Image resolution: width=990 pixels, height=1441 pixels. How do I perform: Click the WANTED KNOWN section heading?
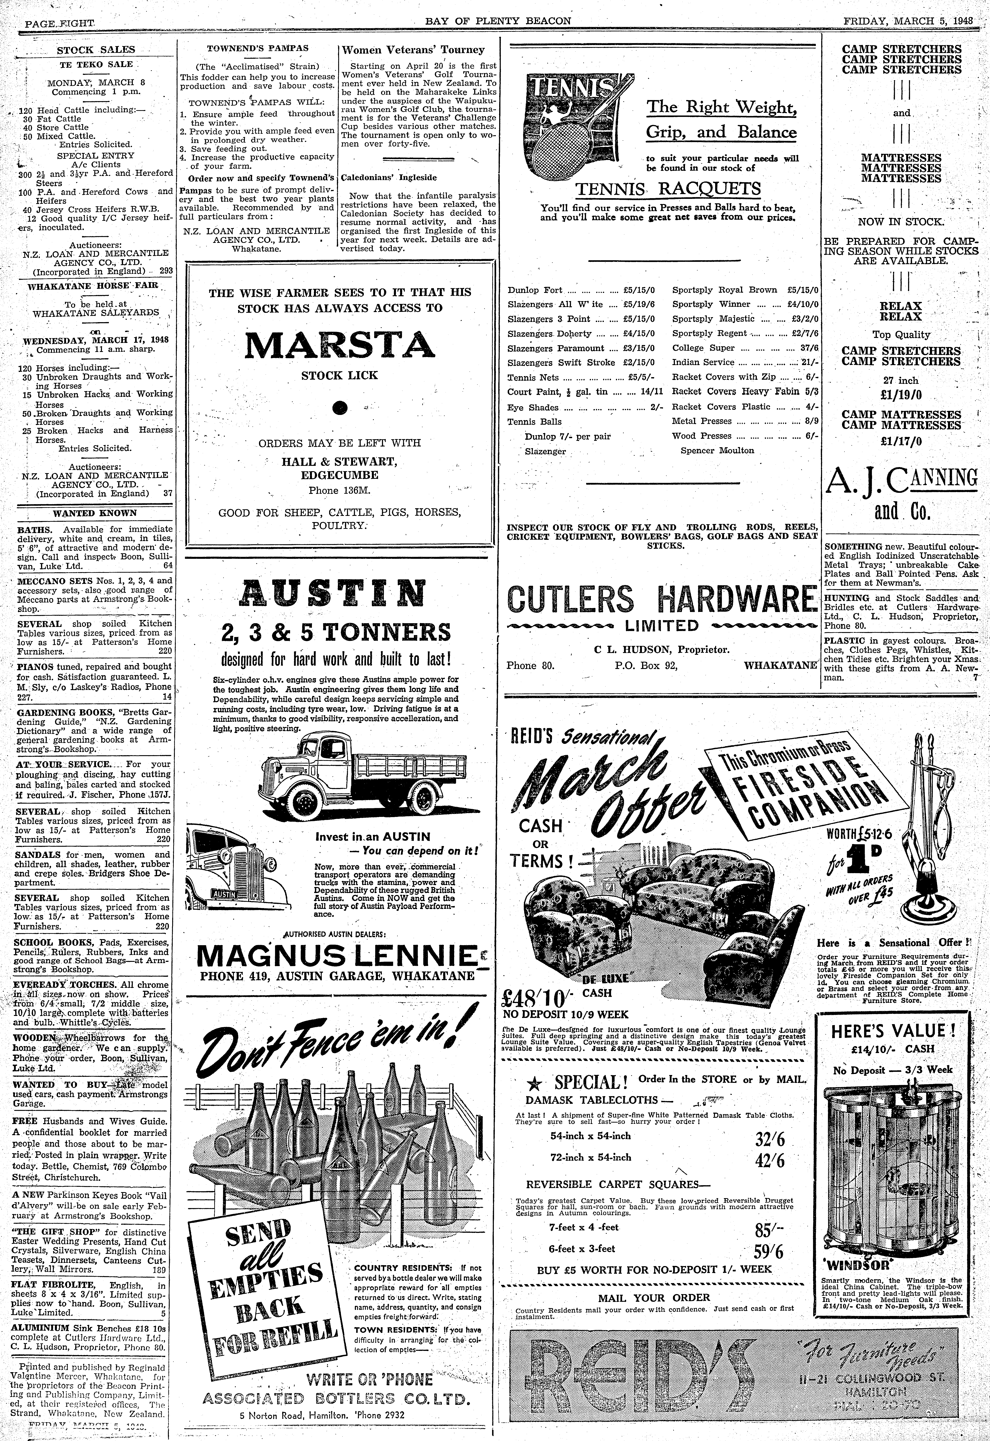[95, 513]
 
